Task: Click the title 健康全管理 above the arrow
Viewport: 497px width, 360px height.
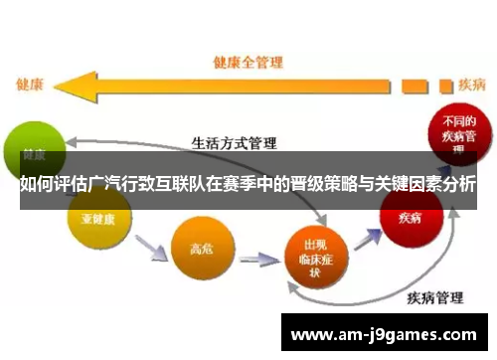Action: coord(249,63)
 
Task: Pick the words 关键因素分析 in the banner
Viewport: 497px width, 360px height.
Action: coord(427,185)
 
